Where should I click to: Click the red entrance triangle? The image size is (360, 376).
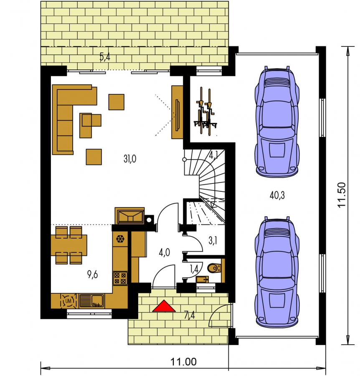click(x=164, y=307)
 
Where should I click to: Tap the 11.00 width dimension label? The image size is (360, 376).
click(x=183, y=362)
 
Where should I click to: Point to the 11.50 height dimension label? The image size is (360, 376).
click(x=341, y=195)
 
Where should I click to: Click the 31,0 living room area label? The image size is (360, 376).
click(x=130, y=159)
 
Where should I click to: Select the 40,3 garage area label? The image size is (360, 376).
click(x=277, y=196)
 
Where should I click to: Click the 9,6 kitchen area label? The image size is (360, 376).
click(x=92, y=274)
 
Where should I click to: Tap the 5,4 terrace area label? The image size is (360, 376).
click(x=105, y=57)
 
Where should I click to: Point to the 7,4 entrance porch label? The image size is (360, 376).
click(x=189, y=315)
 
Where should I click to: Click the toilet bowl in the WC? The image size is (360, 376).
click(x=213, y=268)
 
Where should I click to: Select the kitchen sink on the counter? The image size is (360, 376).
click(x=92, y=301)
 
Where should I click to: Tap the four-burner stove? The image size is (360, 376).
click(x=120, y=278)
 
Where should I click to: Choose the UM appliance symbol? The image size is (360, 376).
click(x=68, y=301)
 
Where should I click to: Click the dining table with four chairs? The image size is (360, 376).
click(x=69, y=245)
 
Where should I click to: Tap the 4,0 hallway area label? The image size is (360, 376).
click(x=164, y=252)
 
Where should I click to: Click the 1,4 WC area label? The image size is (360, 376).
click(x=194, y=269)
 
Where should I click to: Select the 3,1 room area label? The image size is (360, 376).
click(x=213, y=241)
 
